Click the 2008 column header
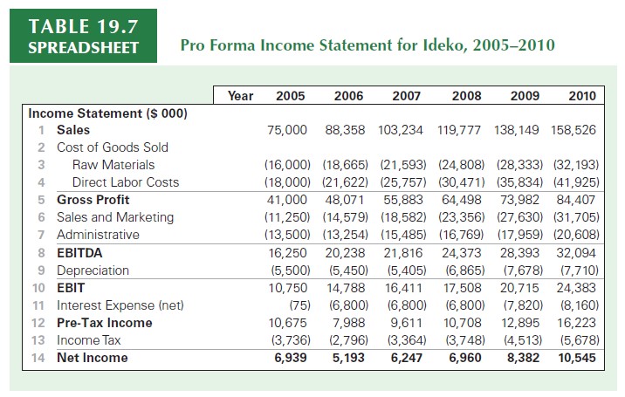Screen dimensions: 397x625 tap(468, 95)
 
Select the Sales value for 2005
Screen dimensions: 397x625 tap(286, 130)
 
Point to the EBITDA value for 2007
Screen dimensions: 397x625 tap(402, 253)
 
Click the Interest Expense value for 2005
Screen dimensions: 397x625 tap(297, 305)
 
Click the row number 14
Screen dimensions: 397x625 tap(38, 358)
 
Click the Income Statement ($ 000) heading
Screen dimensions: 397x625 tap(108, 113)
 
